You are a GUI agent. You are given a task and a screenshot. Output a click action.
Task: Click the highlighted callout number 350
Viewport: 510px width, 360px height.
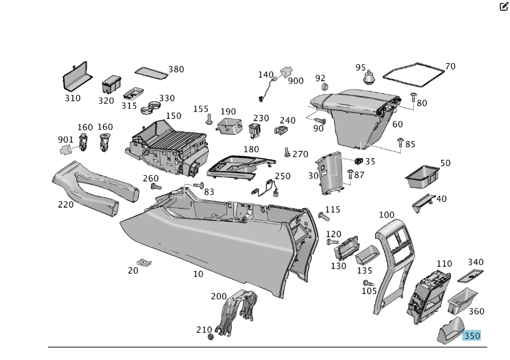(472, 336)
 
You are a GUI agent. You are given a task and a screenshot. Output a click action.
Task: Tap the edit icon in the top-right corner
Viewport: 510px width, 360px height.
(503, 7)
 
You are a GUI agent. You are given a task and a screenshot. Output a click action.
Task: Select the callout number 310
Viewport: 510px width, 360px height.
(72, 98)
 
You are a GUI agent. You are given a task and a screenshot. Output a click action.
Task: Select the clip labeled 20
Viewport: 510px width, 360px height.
(145, 263)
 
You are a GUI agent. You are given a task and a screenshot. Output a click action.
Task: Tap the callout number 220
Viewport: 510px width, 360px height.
(65, 204)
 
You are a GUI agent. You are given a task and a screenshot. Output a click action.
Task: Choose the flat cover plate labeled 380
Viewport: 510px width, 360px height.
(151, 72)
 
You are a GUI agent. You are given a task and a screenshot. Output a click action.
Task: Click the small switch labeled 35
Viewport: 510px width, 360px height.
(359, 162)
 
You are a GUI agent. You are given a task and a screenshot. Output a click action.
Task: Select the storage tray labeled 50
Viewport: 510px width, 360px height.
(422, 177)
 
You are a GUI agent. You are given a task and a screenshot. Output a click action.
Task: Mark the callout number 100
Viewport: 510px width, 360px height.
(386, 215)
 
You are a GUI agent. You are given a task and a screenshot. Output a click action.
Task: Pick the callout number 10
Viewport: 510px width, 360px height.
(198, 274)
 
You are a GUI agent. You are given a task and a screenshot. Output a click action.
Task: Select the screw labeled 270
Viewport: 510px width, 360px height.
(287, 152)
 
